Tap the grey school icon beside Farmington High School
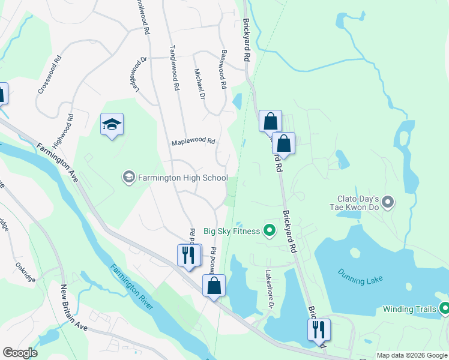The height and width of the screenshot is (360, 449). click(x=128, y=177)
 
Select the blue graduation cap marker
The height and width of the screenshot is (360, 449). click(x=112, y=125)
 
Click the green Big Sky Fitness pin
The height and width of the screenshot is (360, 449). click(x=270, y=230)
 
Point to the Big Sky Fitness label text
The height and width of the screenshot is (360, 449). click(x=232, y=231)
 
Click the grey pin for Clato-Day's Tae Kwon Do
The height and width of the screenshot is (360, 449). click(x=388, y=203)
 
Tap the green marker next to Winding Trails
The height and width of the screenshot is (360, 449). click(x=444, y=309)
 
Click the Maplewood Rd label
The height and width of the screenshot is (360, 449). click(x=193, y=142)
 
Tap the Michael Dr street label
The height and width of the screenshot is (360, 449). click(x=199, y=83)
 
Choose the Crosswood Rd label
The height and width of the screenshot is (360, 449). click(x=50, y=75)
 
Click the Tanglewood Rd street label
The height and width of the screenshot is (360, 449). click(x=174, y=69)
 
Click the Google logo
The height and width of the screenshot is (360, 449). click(x=20, y=353)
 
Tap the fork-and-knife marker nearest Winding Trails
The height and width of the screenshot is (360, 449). click(x=318, y=329)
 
